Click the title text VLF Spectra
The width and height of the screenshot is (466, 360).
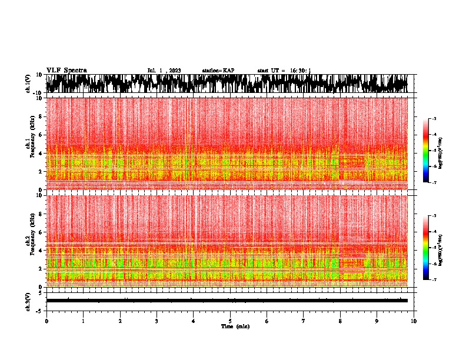[66, 71]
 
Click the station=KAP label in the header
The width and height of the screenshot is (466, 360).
[218, 71]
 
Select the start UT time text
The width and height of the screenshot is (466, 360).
[284, 71]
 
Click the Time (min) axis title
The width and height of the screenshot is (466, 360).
[230, 326]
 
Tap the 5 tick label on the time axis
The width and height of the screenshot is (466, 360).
[230, 321]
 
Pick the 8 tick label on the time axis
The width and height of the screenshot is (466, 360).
[340, 321]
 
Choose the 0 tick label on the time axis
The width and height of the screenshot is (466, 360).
[46, 321]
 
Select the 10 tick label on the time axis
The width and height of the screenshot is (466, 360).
[414, 321]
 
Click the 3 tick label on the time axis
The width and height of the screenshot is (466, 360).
[157, 321]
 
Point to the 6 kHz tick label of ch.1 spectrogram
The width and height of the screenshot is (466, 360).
[41, 135]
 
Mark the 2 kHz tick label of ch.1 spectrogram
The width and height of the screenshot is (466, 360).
[41, 172]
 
